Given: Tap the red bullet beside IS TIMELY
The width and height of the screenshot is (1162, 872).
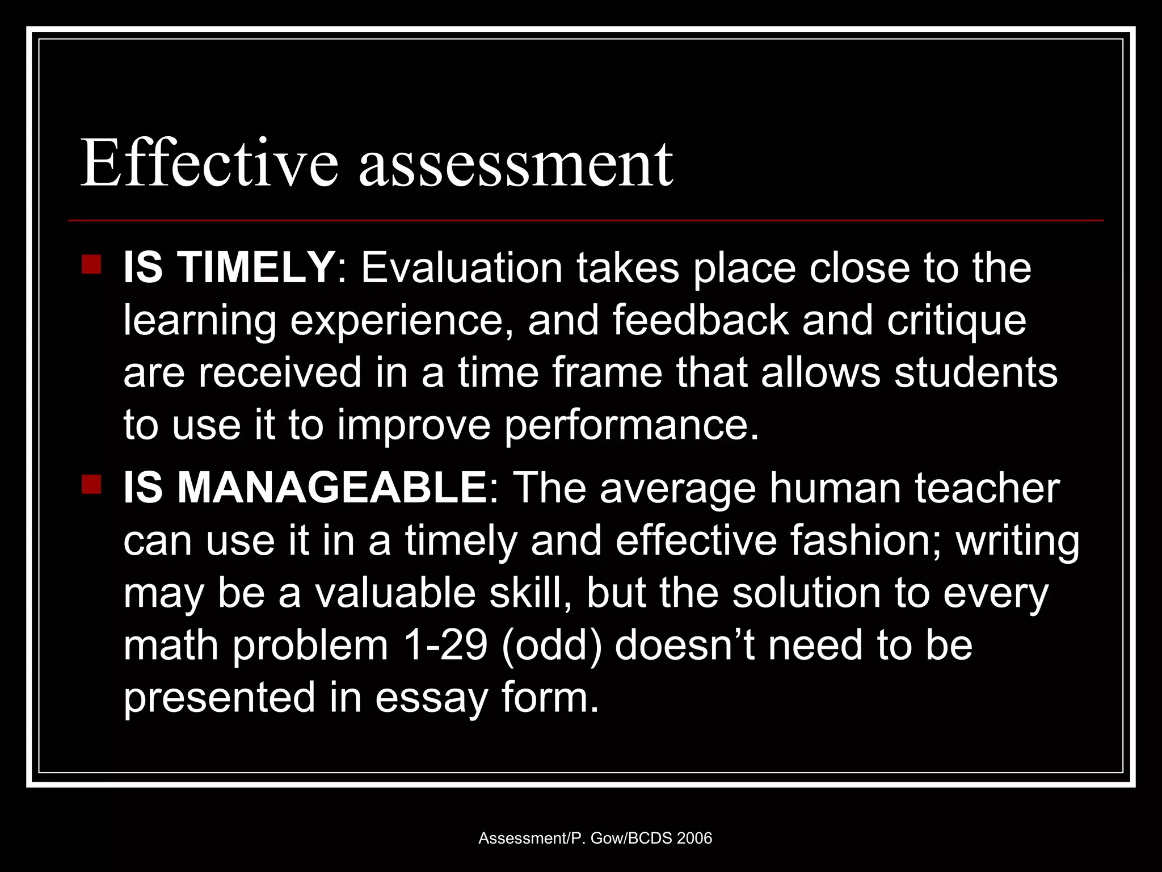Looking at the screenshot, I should pos(91,265).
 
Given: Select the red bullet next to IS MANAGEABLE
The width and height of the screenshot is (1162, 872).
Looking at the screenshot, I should pos(91,485).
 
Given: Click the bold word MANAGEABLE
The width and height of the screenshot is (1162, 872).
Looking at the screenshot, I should pos(332,488).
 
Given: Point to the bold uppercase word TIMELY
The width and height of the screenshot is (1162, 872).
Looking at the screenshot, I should pos(255,267).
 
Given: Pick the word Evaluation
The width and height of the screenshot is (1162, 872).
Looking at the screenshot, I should pos(462,267).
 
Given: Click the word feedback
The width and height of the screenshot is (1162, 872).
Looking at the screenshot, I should pos(700,320).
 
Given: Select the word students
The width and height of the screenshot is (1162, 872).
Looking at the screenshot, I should pos(976,372).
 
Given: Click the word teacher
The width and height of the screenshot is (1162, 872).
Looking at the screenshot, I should pos(987,488).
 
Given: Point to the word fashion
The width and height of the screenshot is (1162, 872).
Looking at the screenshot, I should pos(865,540).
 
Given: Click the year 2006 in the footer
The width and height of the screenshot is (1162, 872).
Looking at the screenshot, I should pos(694,838).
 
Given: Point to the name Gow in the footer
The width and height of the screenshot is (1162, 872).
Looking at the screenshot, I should pos(607,838).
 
